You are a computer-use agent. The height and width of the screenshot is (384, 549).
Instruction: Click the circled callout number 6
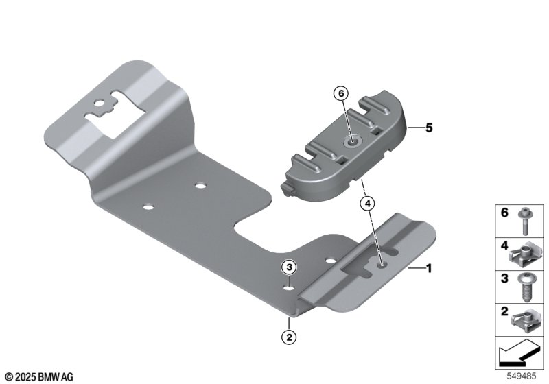tap(341, 93)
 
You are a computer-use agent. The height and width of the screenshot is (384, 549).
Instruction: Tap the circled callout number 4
tap(367, 203)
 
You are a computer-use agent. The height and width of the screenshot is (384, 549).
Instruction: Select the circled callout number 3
tap(289, 267)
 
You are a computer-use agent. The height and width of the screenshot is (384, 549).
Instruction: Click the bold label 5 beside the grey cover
tap(429, 128)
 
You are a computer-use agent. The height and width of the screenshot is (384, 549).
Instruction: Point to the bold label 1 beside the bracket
tap(428, 269)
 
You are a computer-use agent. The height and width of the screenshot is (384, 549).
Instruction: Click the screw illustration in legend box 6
tap(524, 221)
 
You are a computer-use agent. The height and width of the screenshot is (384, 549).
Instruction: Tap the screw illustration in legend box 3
tap(524, 288)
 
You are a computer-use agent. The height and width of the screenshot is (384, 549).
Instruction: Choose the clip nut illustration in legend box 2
tap(524, 321)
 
